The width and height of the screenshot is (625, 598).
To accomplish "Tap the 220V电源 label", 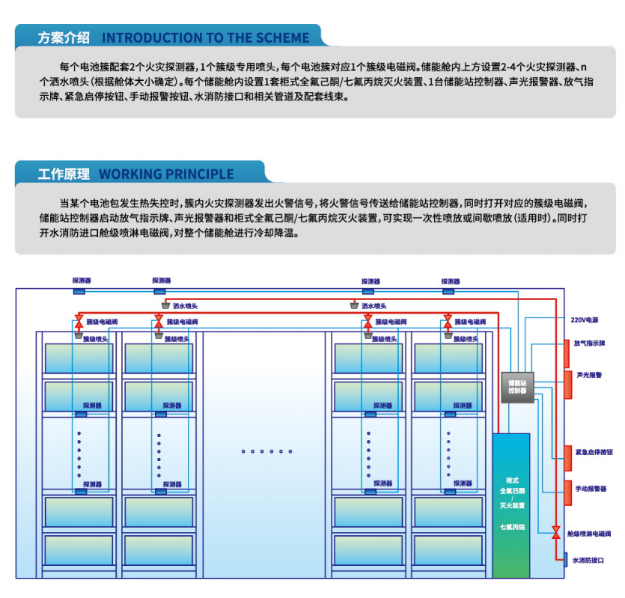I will click(x=584, y=320).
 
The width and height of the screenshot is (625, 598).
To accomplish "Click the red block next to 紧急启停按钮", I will click(x=567, y=453).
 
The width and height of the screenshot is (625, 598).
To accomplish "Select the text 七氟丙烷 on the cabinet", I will click(x=512, y=526).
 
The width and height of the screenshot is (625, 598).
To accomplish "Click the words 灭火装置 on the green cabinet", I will click(x=512, y=505).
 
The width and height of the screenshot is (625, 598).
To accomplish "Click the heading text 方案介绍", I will click(x=64, y=38).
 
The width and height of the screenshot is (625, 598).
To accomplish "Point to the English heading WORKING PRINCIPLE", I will click(x=166, y=174).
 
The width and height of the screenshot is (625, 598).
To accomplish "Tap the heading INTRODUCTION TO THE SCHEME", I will click(x=205, y=38).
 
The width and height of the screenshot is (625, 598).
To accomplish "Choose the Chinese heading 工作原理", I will click(x=64, y=174).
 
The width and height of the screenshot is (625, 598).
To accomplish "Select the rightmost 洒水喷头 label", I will click(x=374, y=305).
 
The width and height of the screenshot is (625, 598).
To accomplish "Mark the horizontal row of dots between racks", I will click(x=266, y=451).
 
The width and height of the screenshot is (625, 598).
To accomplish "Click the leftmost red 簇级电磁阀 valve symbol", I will click(x=79, y=321).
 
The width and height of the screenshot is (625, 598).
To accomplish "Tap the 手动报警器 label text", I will click(x=591, y=489).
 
